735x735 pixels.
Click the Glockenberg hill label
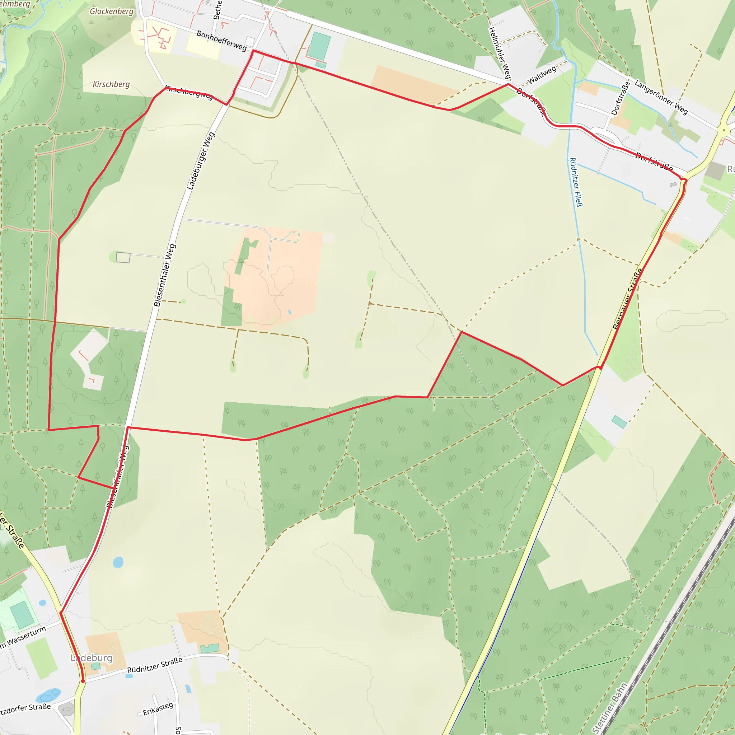pos(112,11)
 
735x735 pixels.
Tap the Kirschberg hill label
pos(111,84)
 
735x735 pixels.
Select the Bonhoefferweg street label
pos(221,41)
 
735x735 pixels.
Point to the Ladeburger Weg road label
pos(201,161)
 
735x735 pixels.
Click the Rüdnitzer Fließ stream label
pos(576,182)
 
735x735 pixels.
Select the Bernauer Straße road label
pos(627,299)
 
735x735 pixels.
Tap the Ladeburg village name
pos(92,658)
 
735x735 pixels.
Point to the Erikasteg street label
pos(158,709)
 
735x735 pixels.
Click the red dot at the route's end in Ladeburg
pos(83,681)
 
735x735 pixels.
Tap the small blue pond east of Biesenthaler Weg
pos(118,562)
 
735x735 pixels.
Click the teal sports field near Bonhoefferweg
pos(320,46)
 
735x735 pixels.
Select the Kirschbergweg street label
pos(189,93)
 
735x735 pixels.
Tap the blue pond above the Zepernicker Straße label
pos(48,696)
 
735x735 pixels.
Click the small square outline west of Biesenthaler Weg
pos(123,258)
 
